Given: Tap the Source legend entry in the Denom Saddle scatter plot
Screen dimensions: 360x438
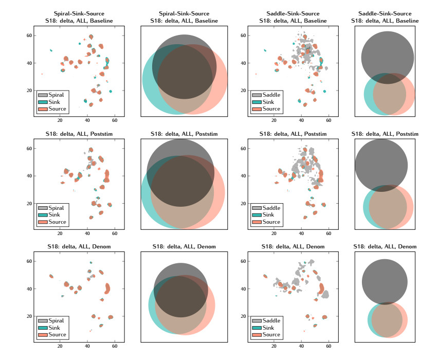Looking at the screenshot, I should (271, 335).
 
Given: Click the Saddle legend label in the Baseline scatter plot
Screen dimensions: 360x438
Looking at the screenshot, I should (272, 95).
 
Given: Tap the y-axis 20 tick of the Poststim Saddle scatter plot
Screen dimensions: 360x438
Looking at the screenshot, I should (246, 203).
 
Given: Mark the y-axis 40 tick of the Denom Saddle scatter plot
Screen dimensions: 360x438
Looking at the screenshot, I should (246, 289).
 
